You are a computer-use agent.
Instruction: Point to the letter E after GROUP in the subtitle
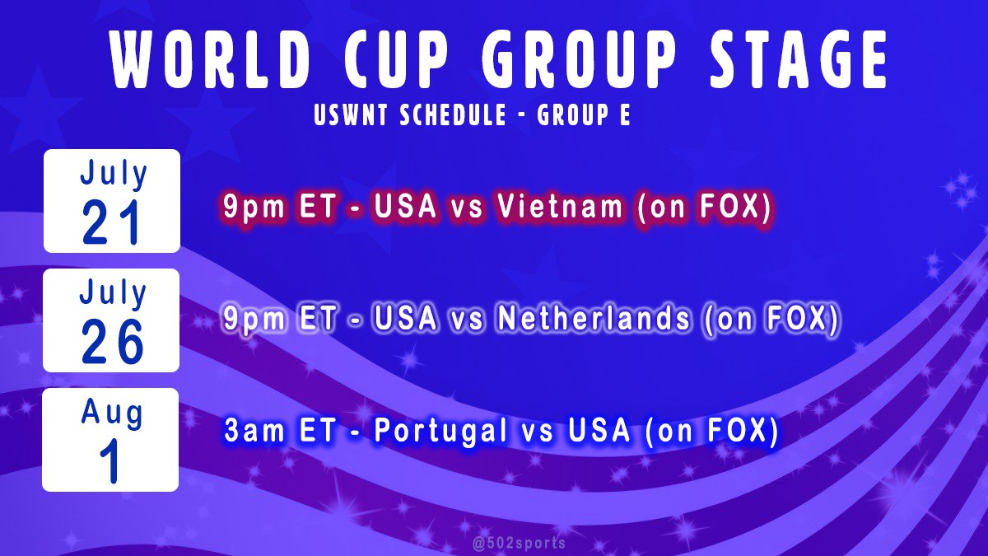coord(625,116)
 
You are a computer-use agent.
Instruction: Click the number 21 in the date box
coord(111,225)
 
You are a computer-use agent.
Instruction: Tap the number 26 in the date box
coord(111,344)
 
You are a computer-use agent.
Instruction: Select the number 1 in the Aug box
coord(111,464)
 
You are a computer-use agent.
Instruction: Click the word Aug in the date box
coord(111,413)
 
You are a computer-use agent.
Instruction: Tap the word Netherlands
coord(590,320)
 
